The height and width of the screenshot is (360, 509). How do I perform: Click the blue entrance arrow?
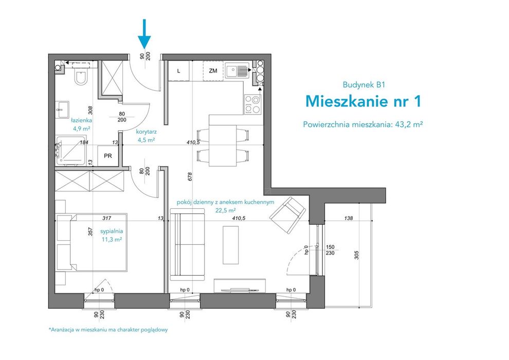(x=144, y=34)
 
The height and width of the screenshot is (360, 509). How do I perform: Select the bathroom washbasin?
(x=62, y=110)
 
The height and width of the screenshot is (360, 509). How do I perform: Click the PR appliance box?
(x=108, y=156)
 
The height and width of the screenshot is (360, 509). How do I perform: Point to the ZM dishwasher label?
(x=213, y=70)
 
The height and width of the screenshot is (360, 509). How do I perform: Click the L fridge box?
(x=178, y=70)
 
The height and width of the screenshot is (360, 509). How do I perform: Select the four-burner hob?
(x=252, y=104)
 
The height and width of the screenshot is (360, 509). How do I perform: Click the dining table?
(x=223, y=146)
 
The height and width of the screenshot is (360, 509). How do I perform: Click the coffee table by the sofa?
(x=231, y=245)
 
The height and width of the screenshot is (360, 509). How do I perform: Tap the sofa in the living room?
(x=187, y=244)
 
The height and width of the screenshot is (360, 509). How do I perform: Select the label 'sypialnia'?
(x=112, y=231)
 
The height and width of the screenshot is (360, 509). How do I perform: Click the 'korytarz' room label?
(x=147, y=132)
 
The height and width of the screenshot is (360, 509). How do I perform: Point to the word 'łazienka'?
(x=81, y=120)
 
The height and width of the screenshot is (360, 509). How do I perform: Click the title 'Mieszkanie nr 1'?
(x=363, y=101)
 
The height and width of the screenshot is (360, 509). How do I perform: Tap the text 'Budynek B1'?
(x=363, y=85)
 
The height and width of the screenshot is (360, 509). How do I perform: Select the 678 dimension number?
(x=190, y=176)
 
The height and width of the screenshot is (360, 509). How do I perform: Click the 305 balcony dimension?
(x=357, y=255)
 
